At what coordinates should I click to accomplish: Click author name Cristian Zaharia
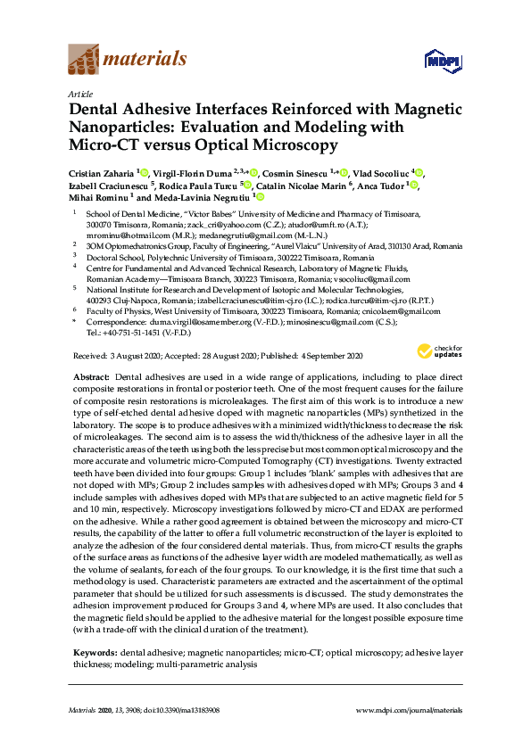click(98, 172)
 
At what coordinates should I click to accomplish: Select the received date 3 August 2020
click(130, 355)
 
